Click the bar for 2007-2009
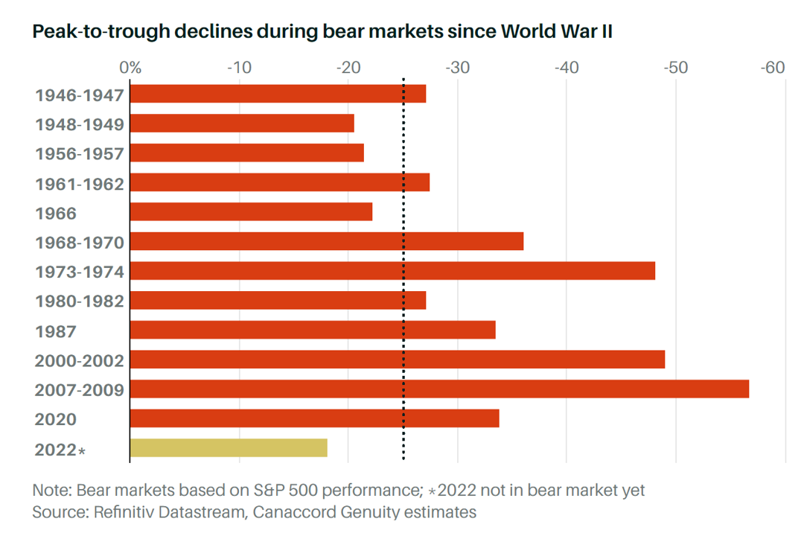(x=439, y=389)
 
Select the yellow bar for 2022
(x=229, y=448)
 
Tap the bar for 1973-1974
(x=392, y=271)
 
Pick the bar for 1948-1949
(x=242, y=124)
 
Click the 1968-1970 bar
(x=327, y=242)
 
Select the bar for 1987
(x=313, y=330)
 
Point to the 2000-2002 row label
(x=80, y=360)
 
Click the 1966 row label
(x=56, y=214)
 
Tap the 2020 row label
(x=56, y=420)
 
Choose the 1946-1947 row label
(x=80, y=95)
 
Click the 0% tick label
(x=130, y=68)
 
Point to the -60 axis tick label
(x=772, y=68)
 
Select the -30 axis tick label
(x=457, y=68)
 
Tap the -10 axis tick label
(x=239, y=68)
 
